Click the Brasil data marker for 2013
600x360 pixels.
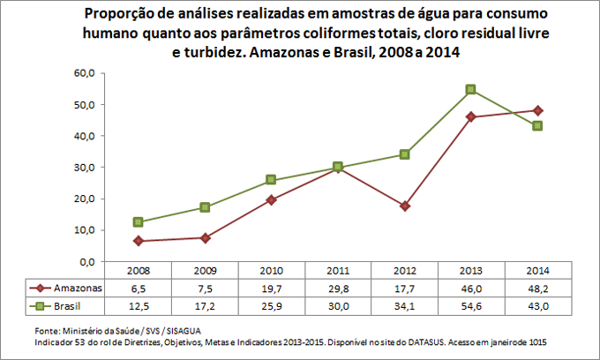[x=471, y=89]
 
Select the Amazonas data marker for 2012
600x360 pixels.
[x=404, y=206]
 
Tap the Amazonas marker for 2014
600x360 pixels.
[x=537, y=110]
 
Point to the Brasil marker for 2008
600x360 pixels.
[x=138, y=221]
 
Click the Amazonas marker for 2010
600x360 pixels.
[x=271, y=199]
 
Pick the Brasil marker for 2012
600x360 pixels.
[x=404, y=154]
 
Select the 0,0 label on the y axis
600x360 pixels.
[x=86, y=262]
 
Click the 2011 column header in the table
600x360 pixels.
[x=338, y=271]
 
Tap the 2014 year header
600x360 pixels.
[x=537, y=271]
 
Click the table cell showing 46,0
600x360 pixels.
[x=471, y=289]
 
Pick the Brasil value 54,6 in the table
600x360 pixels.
[x=471, y=305]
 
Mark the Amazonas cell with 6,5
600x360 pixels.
[x=138, y=289]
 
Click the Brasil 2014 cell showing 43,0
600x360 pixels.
[x=537, y=305]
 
